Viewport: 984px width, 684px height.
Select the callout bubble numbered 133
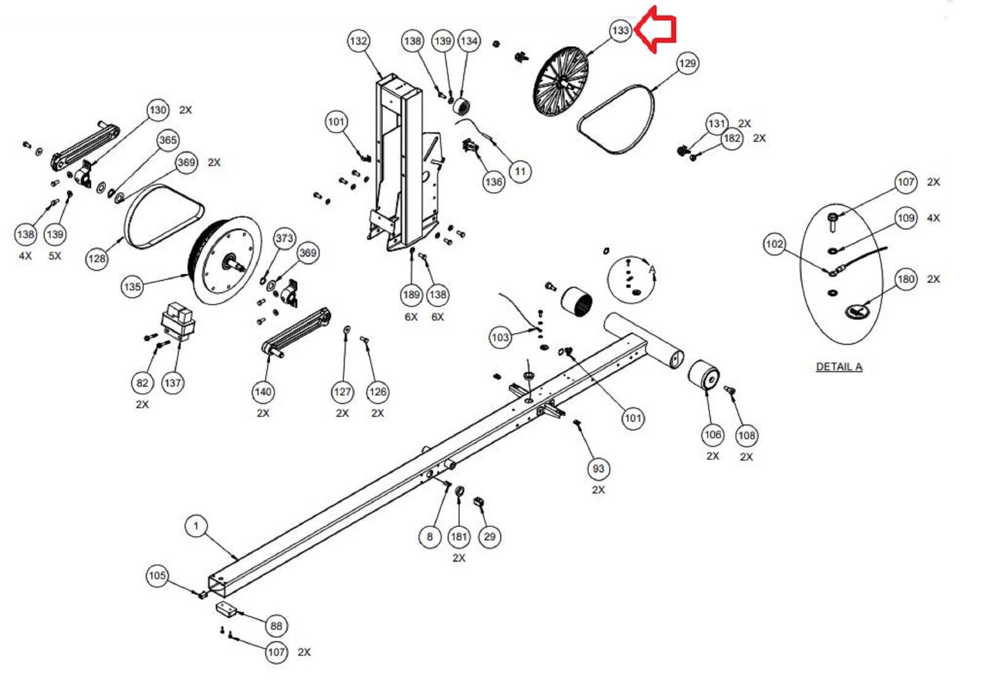tap(621, 30)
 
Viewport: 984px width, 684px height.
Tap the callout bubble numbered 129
tap(687, 63)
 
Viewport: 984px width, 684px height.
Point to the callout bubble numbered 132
tap(358, 41)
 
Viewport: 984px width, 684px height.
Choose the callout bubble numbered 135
tap(132, 287)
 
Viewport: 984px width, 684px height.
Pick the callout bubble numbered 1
tap(196, 526)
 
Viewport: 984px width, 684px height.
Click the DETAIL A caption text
tap(839, 367)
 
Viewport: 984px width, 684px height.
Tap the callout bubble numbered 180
tap(906, 279)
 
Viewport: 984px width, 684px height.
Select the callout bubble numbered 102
tap(774, 244)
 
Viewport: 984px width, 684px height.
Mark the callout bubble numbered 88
tap(276, 626)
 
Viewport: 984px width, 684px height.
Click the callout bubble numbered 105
tap(157, 576)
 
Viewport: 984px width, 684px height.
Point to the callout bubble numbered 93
tap(598, 469)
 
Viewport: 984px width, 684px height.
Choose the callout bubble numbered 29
tap(490, 536)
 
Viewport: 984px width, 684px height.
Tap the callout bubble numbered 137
tap(173, 383)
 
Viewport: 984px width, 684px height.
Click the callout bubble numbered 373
tap(284, 239)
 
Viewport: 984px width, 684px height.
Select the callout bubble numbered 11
tap(520, 171)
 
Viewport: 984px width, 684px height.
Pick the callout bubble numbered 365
tap(168, 140)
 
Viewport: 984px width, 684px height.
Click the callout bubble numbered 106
tap(712, 435)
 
